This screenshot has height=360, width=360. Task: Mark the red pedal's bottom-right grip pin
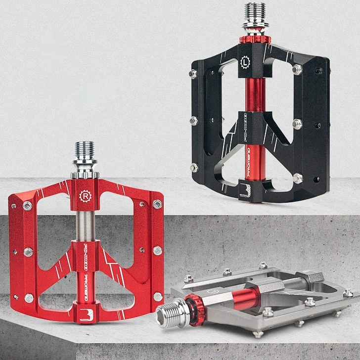(158, 297)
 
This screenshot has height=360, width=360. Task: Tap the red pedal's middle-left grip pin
(28, 251)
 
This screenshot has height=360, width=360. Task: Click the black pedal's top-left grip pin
(193, 74)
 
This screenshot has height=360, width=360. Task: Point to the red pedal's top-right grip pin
(158, 204)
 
